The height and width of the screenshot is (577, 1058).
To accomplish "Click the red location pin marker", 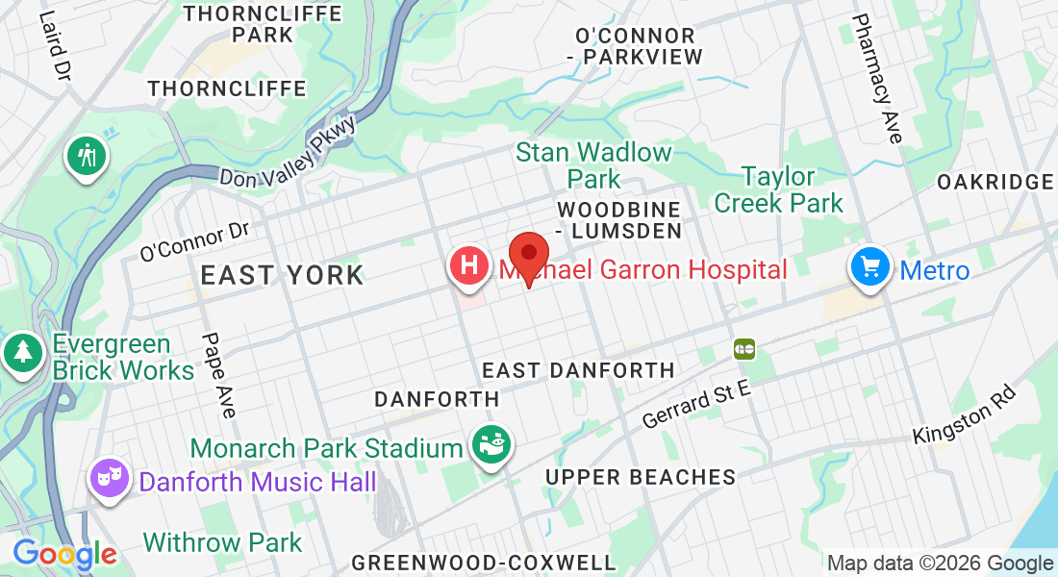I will pos(528,255).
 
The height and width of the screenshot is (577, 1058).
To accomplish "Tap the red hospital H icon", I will pos(469,264).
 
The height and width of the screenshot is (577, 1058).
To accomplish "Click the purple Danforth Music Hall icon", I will pos(110,477).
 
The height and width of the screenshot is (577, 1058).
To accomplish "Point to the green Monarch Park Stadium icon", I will pos(491,445).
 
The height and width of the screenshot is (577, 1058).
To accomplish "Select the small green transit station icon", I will pos(743,348).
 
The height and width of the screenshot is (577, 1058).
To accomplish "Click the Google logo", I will pos(64,555).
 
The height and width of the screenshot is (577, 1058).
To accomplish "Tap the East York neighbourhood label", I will pos(282,275).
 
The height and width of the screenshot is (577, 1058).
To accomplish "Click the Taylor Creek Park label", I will pos(778,189).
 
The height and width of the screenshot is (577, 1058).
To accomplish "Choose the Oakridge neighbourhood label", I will pos(995,182).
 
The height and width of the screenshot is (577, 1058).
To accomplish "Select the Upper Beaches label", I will pos(640,477).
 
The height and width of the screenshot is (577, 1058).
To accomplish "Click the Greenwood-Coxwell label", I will pos(483,562).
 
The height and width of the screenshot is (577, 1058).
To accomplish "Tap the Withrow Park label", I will pos(222,542).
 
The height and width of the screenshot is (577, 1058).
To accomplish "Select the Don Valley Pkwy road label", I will pos(288,154).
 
